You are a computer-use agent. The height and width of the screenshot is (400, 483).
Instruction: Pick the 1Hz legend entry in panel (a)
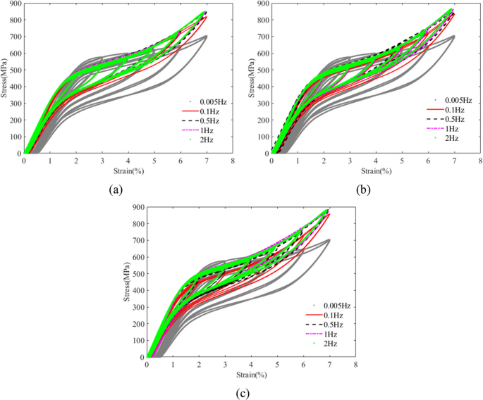pyautogui.click(x=195, y=130)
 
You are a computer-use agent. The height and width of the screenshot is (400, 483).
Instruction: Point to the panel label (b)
pyautogui.click(x=364, y=189)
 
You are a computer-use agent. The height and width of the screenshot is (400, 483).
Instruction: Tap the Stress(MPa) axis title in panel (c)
pyautogui.click(x=128, y=282)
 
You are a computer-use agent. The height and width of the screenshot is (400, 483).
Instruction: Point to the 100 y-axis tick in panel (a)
pyautogui.click(x=13, y=136)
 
